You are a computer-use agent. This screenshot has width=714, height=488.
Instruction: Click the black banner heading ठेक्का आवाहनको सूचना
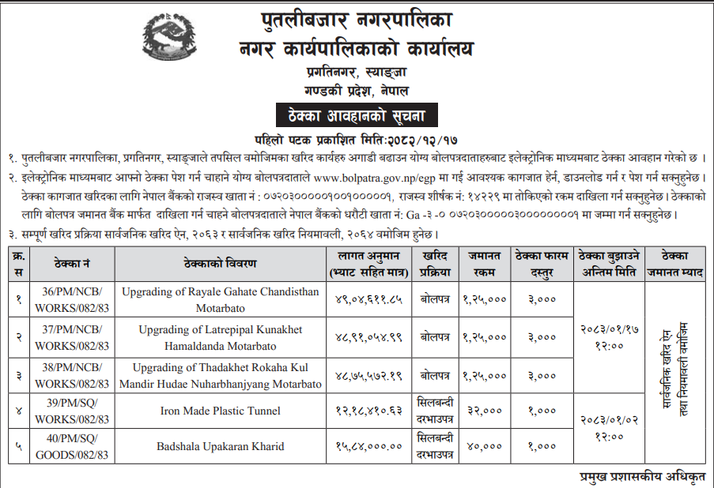356,115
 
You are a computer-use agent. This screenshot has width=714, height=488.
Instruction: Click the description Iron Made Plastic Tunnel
221,411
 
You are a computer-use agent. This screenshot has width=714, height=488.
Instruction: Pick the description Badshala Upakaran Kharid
221,447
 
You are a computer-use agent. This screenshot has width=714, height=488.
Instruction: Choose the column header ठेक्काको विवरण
221,264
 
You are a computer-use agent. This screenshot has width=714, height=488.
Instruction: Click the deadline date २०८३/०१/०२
610,421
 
